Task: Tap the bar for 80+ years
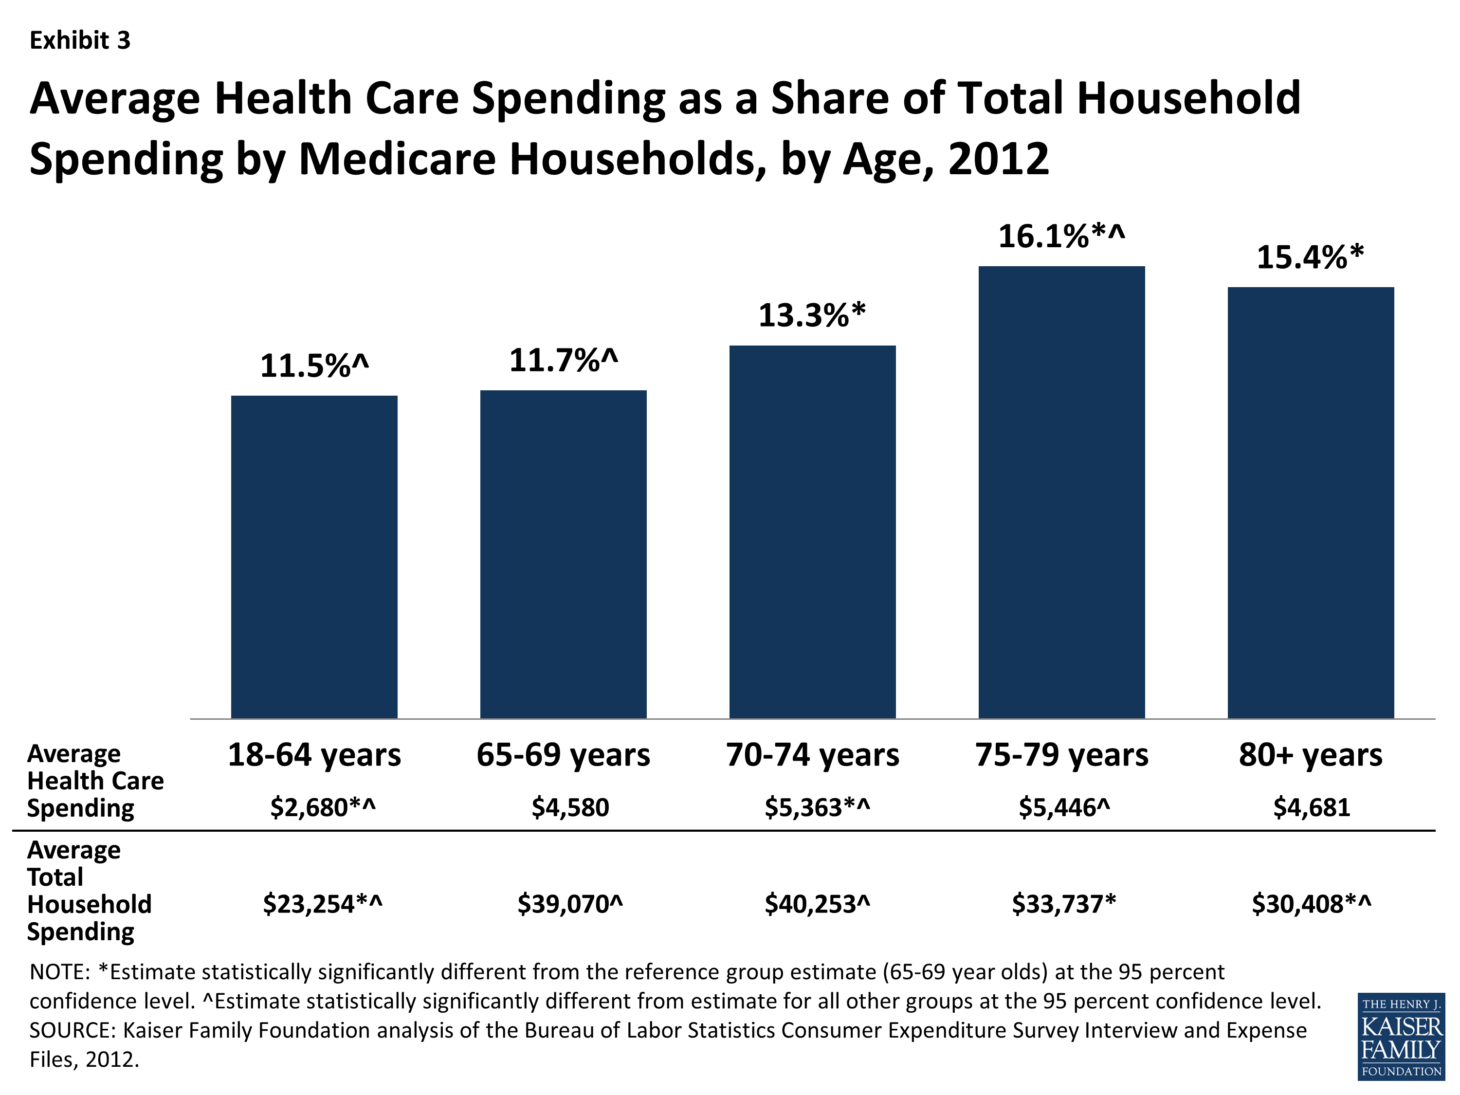[x=1310, y=502]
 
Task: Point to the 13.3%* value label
[x=812, y=315]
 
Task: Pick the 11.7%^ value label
[x=563, y=361]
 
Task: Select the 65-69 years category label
[x=563, y=754]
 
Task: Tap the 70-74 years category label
[x=812, y=754]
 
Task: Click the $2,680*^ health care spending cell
[x=323, y=807]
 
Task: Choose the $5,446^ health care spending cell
[x=1064, y=807]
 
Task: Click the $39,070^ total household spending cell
[x=569, y=904]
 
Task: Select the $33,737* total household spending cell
[x=1063, y=904]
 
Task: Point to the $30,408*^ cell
[x=1311, y=904]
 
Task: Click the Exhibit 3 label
[x=80, y=41]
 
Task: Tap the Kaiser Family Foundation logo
[x=1401, y=1036]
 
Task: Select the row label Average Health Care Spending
[x=94, y=781]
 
